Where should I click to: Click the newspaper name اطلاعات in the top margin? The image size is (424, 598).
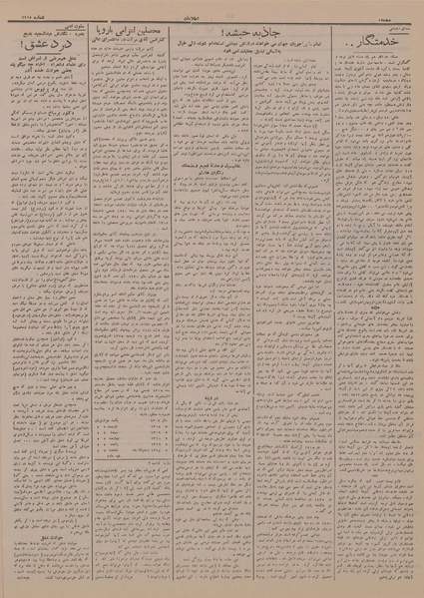click(x=212, y=6)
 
